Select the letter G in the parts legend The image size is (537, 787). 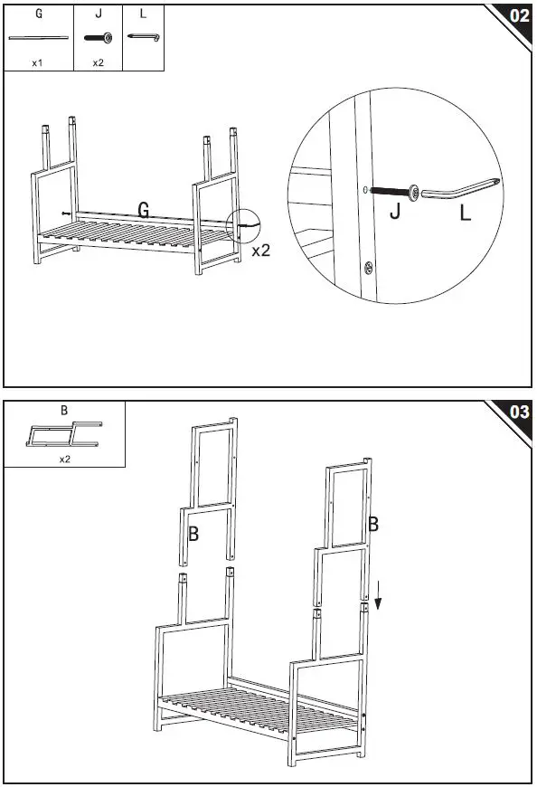38,14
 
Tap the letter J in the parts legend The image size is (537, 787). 97,14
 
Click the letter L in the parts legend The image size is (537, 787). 143,14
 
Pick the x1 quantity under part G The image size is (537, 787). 38,63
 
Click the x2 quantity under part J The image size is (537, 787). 97,63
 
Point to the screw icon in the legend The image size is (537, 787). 97,38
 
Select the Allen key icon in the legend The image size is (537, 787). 143,37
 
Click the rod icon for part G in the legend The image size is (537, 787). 38,38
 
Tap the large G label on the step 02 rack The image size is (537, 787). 144,210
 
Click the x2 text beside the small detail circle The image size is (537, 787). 260,251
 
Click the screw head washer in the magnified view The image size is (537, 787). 414,191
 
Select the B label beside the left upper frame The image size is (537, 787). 193,535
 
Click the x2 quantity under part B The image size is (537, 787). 65,460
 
